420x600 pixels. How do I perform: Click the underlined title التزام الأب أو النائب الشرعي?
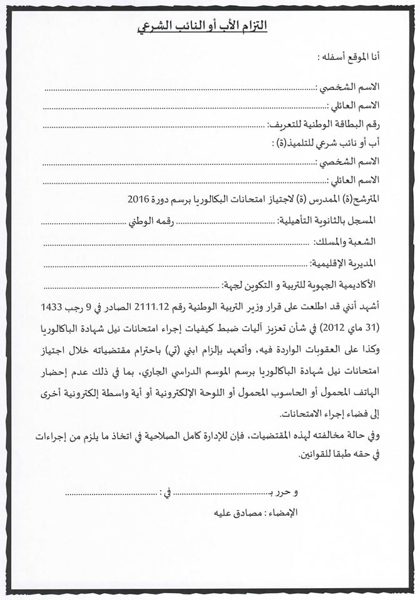[202, 26]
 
